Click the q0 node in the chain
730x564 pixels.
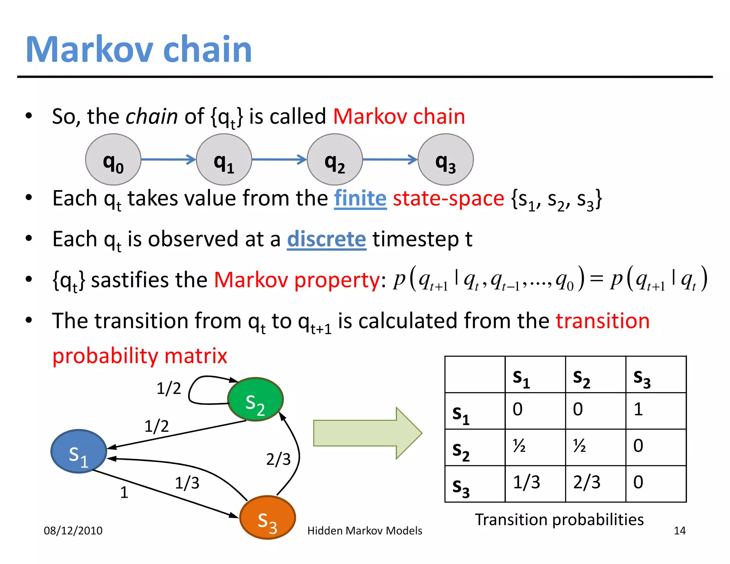[113, 159]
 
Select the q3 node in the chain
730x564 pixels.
[446, 159]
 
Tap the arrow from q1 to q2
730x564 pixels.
[279, 159]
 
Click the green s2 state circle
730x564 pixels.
[255, 399]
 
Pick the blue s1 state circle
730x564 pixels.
[79, 451]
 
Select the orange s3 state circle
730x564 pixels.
[267, 517]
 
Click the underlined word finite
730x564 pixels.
[360, 199]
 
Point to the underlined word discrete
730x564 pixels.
[327, 239]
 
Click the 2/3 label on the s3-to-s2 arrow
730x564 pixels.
[278, 459]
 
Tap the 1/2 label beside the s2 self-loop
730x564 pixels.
[169, 388]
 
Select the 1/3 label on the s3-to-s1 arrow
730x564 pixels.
[187, 483]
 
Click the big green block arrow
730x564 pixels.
[367, 433]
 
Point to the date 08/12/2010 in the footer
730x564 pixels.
[73, 530]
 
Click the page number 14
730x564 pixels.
[679, 530]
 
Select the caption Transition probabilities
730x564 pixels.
[559, 519]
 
